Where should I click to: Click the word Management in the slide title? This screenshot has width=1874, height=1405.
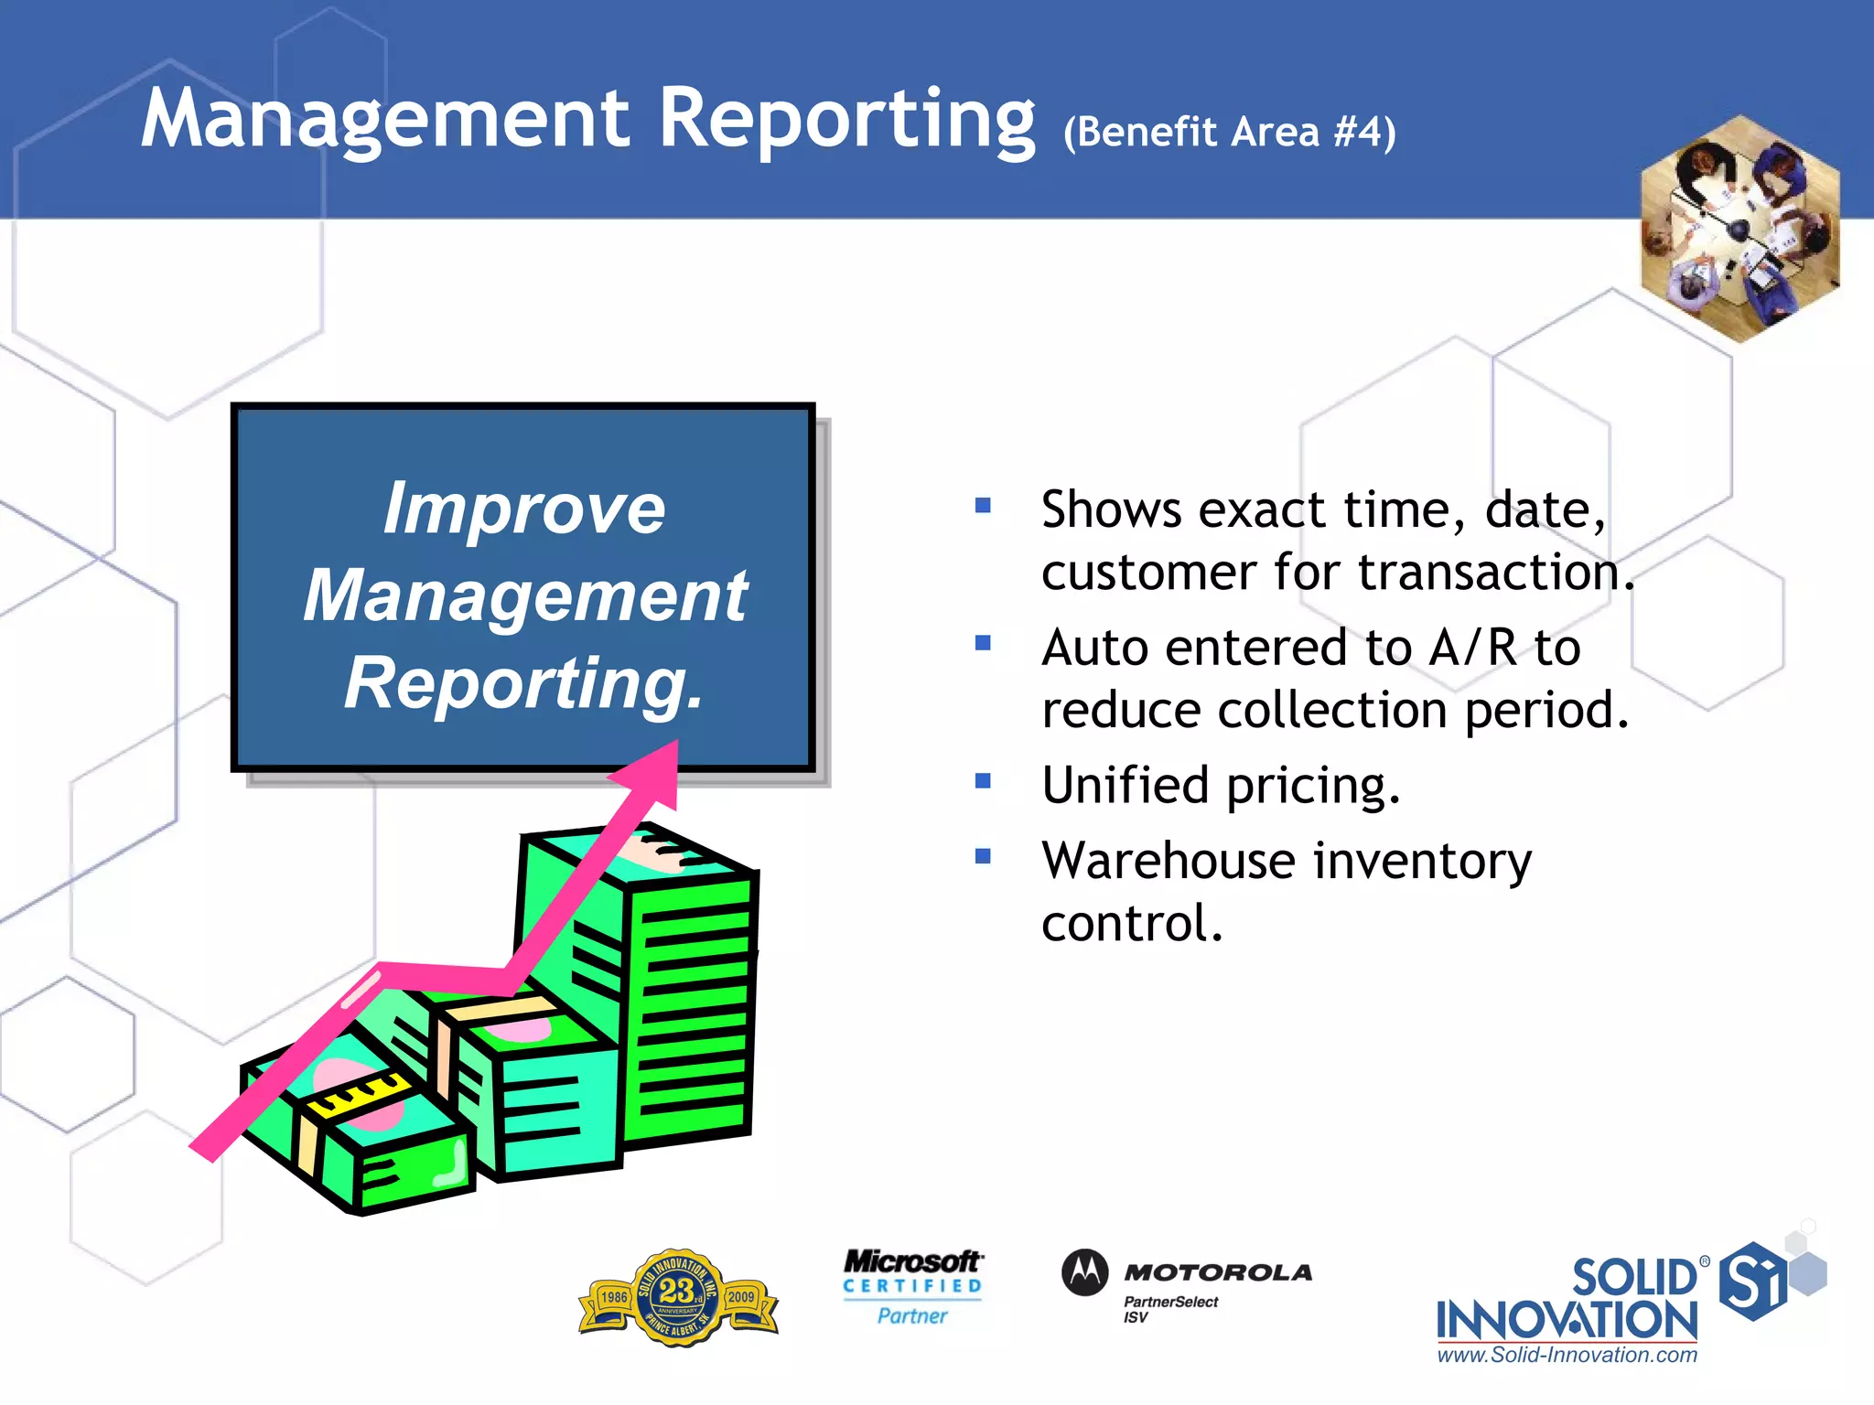click(384, 119)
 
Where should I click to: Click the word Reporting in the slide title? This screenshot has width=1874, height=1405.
click(846, 119)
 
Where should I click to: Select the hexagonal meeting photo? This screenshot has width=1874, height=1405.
click(1739, 229)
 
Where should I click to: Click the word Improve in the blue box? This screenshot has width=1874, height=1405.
click(523, 509)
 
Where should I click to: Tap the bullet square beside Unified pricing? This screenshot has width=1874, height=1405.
click(984, 781)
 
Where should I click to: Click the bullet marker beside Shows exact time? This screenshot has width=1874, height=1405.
click(984, 505)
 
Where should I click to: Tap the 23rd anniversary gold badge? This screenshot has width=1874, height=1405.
click(678, 1297)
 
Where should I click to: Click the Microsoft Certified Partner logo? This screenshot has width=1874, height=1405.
click(912, 1286)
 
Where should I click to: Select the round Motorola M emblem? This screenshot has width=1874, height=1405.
click(1085, 1272)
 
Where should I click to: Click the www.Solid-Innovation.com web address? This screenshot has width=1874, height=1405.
click(1567, 1356)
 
